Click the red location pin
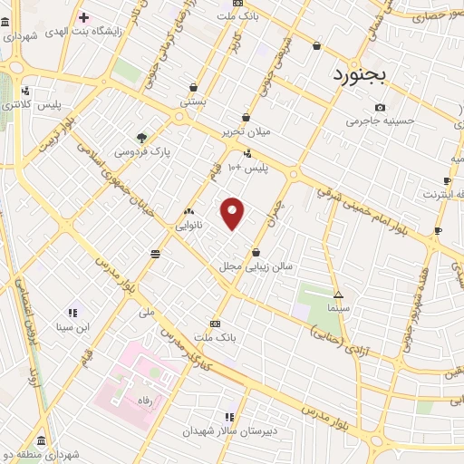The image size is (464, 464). [x=234, y=212]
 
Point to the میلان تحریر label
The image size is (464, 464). [x=247, y=131]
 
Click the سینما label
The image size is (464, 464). [x=337, y=308]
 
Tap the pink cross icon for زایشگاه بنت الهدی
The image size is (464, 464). [x=83, y=18]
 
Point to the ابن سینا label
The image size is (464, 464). [x=72, y=326]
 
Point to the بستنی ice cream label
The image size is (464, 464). [x=193, y=101]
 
